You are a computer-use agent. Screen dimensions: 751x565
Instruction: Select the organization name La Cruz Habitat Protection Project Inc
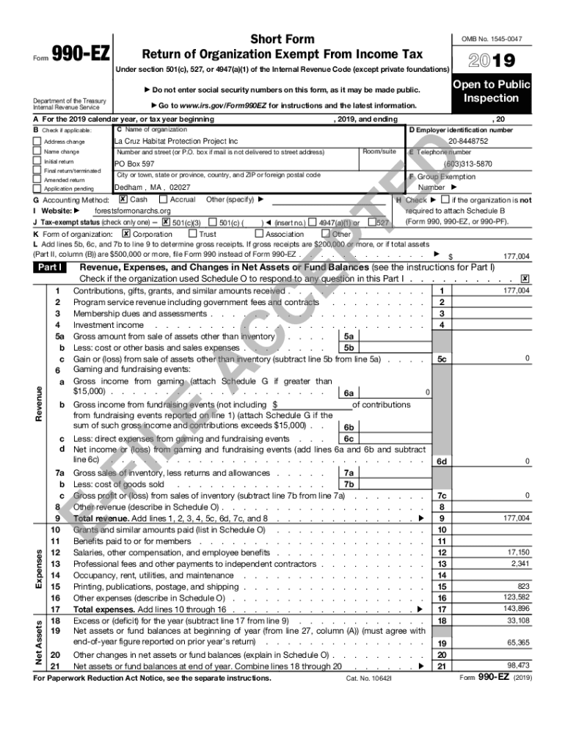tap(176, 141)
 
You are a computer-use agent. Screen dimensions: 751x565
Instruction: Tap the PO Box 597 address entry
tap(134, 164)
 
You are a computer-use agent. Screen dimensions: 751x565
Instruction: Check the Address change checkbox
tap(37, 142)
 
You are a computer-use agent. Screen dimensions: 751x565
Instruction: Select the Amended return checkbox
tap(37, 180)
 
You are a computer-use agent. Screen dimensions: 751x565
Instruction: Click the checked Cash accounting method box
tap(123, 199)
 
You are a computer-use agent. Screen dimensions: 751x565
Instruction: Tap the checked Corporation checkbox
tap(126, 234)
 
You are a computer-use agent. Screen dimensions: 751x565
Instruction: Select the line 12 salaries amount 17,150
tap(517, 552)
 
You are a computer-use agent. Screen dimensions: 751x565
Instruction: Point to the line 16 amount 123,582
tap(515, 597)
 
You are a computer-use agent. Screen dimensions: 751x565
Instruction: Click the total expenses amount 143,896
tap(515, 609)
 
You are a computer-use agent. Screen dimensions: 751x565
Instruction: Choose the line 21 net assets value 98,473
tap(517, 665)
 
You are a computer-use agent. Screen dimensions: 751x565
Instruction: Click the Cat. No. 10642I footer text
tap(369, 678)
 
